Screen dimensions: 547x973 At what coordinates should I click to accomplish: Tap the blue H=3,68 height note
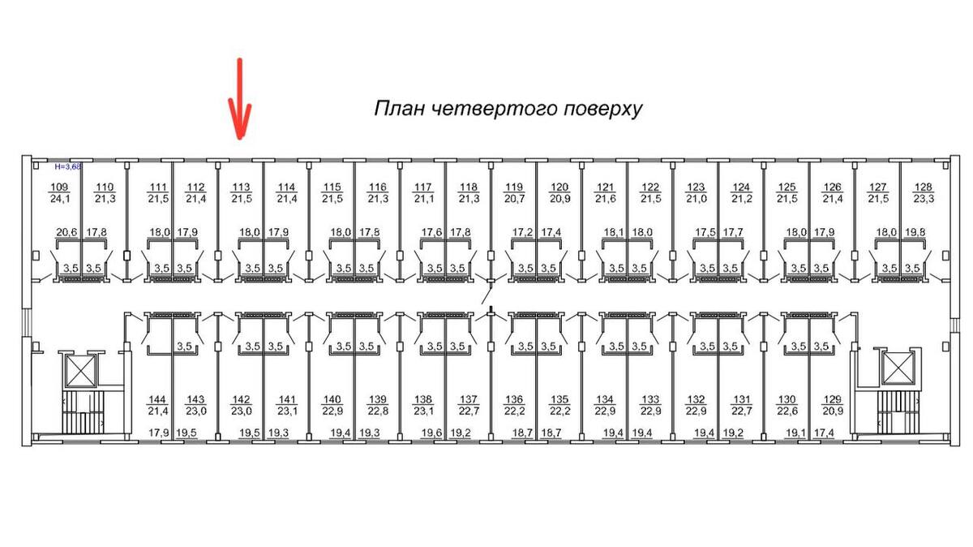68,166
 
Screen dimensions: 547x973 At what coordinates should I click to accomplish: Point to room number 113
242,187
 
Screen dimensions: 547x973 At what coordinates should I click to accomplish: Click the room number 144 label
157,400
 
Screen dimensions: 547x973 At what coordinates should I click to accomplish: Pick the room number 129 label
825,400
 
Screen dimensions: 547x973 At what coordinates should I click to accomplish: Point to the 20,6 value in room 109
66,232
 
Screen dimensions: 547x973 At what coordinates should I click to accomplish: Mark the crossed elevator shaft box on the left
81,370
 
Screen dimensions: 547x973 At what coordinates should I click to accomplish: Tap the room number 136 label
514,400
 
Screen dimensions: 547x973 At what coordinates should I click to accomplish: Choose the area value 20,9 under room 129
825,411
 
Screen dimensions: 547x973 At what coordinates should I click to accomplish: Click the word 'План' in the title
395,109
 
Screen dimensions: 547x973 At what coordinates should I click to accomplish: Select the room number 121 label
605,187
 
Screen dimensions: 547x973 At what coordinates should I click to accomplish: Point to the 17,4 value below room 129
825,434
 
